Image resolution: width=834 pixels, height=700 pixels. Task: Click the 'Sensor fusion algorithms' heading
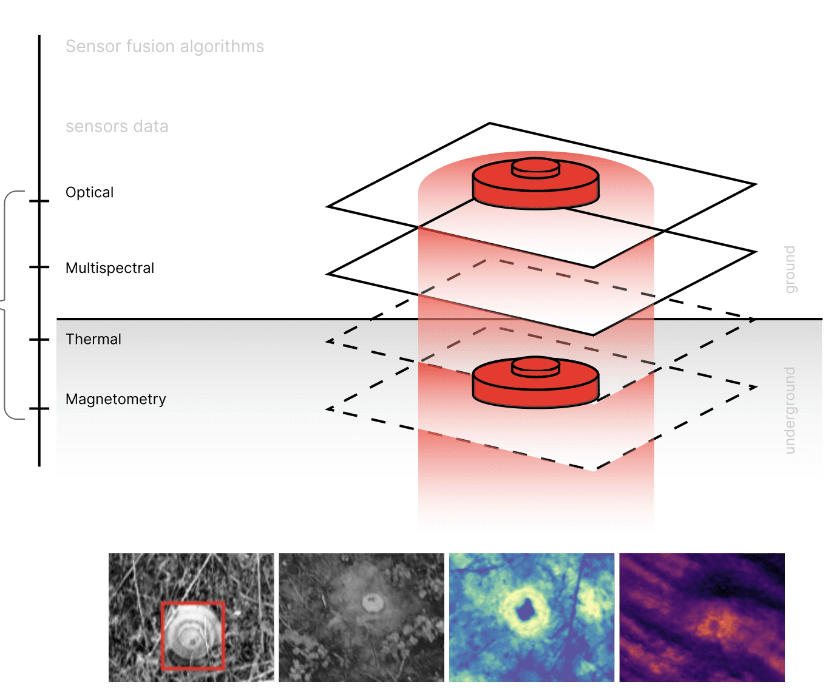(x=164, y=47)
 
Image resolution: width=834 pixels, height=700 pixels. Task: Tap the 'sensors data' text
(x=117, y=127)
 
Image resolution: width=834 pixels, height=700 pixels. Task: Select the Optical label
(x=89, y=192)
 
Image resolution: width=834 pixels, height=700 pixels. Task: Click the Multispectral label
(x=110, y=268)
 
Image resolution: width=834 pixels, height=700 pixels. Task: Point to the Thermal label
(x=93, y=339)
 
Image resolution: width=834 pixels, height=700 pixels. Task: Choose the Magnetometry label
(x=115, y=399)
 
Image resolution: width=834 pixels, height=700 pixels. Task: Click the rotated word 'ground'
(x=790, y=269)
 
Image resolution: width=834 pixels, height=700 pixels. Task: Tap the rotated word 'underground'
(x=790, y=410)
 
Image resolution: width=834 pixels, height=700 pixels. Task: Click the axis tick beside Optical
(x=39, y=201)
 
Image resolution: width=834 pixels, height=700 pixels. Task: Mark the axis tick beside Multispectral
(x=39, y=267)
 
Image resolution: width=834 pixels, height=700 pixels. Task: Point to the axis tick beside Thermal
(x=39, y=340)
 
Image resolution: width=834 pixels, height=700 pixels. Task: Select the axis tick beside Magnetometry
(x=39, y=409)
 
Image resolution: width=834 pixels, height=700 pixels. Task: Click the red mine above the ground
(x=535, y=186)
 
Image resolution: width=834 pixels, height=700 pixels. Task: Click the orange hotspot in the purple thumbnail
(x=716, y=625)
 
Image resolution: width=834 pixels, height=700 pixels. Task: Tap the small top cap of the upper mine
(x=535, y=166)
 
